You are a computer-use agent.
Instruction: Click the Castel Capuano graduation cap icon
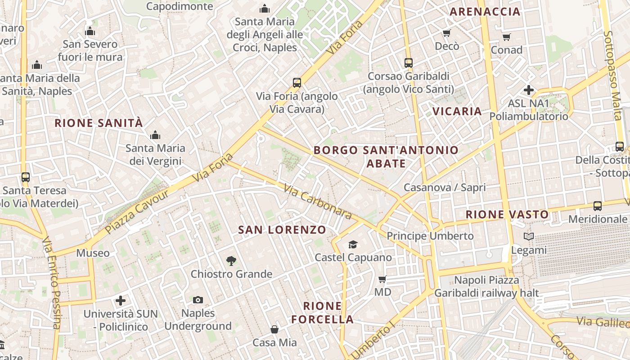[353, 244]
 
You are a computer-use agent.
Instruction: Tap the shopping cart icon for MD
[382, 279]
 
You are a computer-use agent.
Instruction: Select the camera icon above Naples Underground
[198, 300]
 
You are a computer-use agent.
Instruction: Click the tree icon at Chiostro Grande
[231, 261]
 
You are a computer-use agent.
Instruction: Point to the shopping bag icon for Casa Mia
[274, 329]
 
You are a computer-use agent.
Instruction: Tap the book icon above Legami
[529, 237]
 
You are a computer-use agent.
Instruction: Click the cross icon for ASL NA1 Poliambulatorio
[529, 90]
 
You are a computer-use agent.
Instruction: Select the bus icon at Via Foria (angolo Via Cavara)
[297, 83]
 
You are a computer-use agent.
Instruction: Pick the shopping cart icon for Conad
[507, 37]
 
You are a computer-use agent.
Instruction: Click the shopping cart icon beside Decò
[447, 33]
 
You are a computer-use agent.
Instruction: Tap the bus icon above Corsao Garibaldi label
[409, 63]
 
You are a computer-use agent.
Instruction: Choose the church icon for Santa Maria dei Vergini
[155, 135]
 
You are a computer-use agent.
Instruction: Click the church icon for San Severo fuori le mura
[90, 31]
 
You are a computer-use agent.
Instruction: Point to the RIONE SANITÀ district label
[99, 123]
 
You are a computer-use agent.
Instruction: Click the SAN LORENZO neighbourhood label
[282, 230]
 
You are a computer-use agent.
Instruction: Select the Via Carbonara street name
[318, 201]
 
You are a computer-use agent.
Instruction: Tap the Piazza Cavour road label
[137, 211]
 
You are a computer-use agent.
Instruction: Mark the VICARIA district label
[457, 111]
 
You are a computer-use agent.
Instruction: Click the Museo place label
[93, 253]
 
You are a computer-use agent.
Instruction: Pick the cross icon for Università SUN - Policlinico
[121, 300]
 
